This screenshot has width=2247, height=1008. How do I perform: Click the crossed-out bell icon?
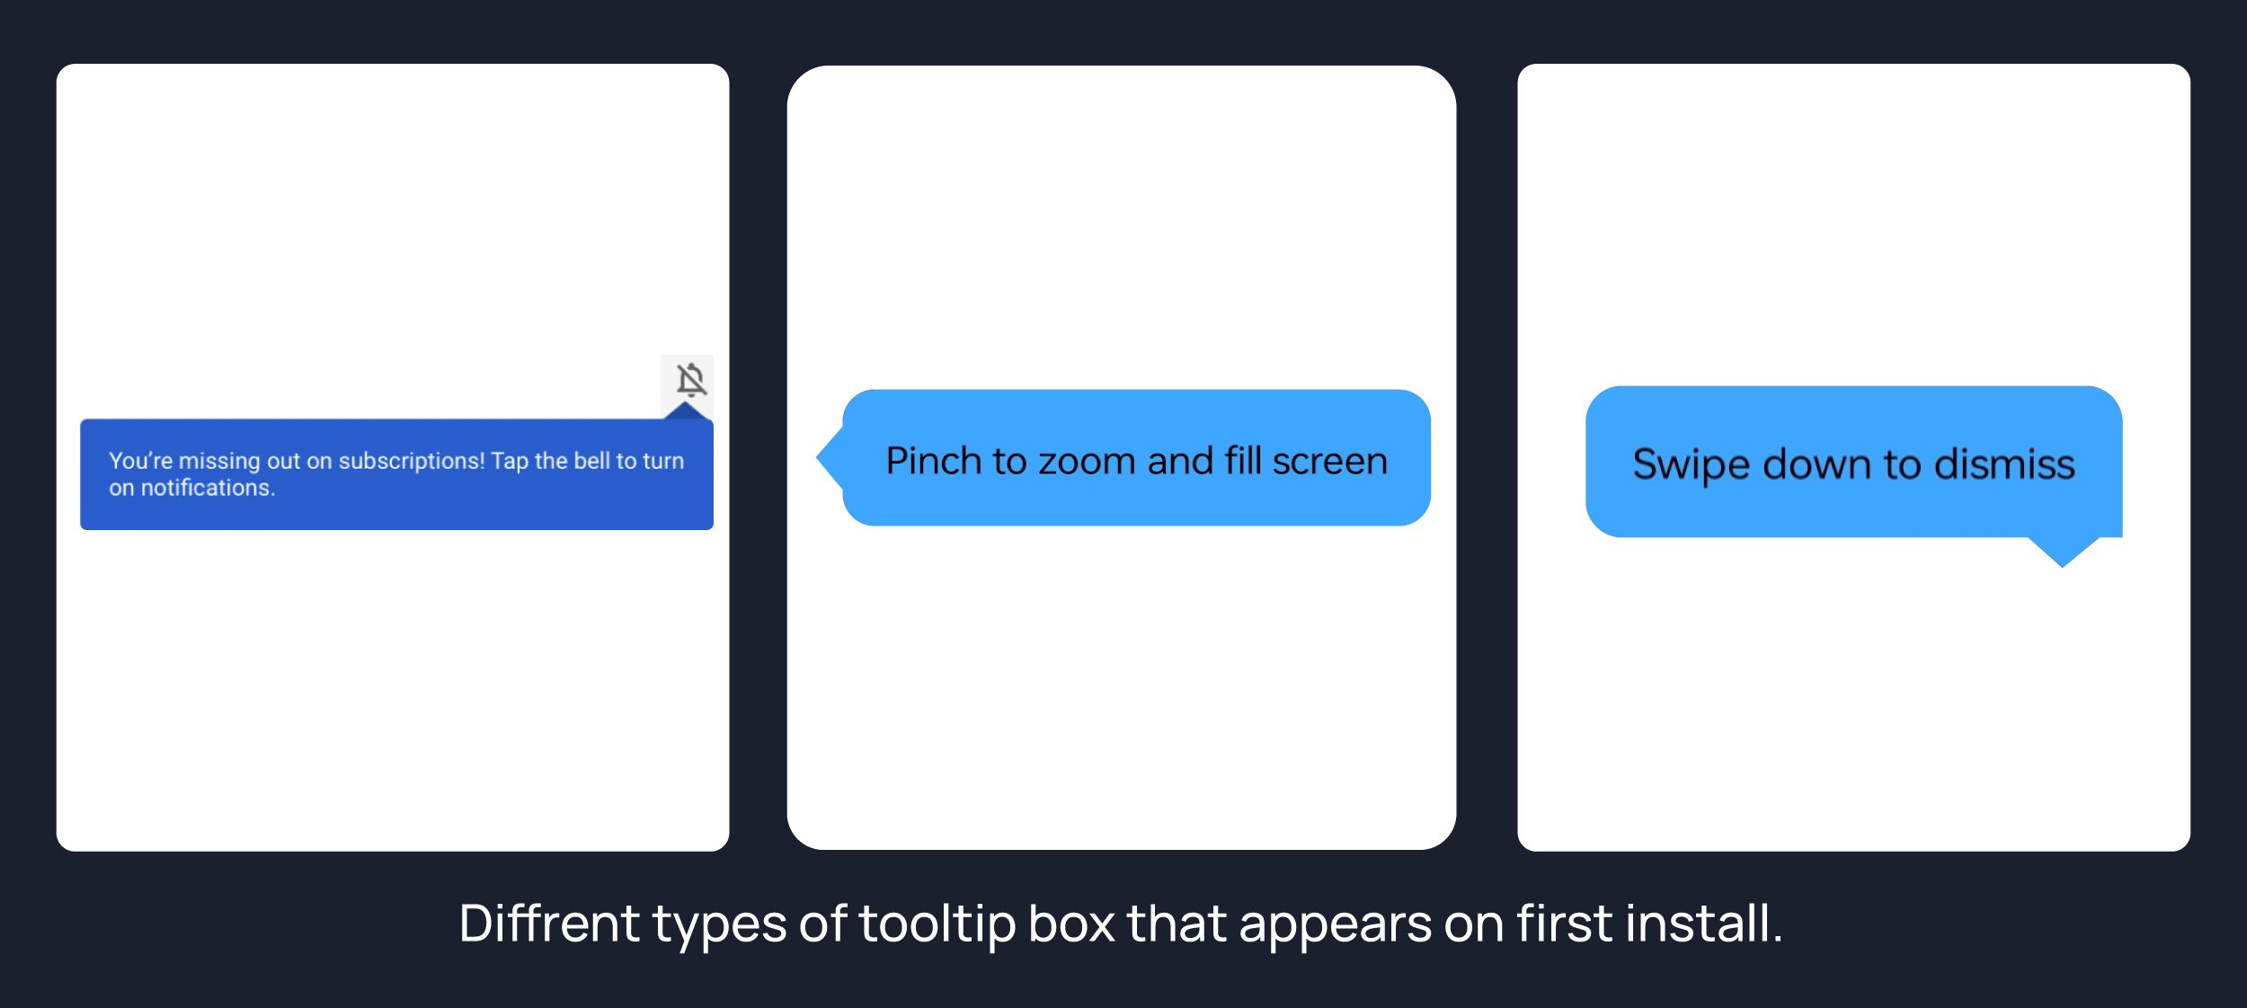[691, 380]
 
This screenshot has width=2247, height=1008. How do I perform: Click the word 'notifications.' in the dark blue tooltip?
[208, 488]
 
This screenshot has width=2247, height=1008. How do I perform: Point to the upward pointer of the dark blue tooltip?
[686, 411]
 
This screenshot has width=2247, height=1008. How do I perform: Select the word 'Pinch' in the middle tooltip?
[934, 461]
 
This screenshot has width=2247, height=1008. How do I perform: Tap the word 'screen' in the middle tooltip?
[1330, 462]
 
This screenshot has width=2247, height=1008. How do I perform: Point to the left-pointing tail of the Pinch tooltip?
[830, 458]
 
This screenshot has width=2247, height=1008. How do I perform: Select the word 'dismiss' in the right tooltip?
[2004, 464]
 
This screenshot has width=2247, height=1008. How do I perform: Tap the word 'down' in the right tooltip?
[1818, 464]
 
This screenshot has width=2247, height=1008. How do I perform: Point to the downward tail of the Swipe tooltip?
[2063, 552]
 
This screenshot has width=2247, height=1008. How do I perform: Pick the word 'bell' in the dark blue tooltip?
[592, 461]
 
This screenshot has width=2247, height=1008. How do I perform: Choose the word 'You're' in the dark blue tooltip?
[140, 461]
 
